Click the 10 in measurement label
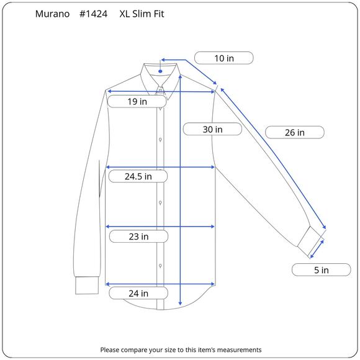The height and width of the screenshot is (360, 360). (224, 58)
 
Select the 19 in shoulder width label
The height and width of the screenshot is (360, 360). (137, 101)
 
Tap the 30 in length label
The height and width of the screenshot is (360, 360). (212, 129)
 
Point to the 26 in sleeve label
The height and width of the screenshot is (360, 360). (295, 132)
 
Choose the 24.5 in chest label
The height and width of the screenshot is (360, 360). (138, 176)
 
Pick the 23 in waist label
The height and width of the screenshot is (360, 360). (138, 236)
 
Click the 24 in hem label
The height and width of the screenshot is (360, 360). (138, 293)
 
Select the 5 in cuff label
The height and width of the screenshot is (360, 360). (321, 270)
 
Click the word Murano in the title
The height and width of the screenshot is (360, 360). (52, 14)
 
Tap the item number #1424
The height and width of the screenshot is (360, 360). (93, 14)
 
